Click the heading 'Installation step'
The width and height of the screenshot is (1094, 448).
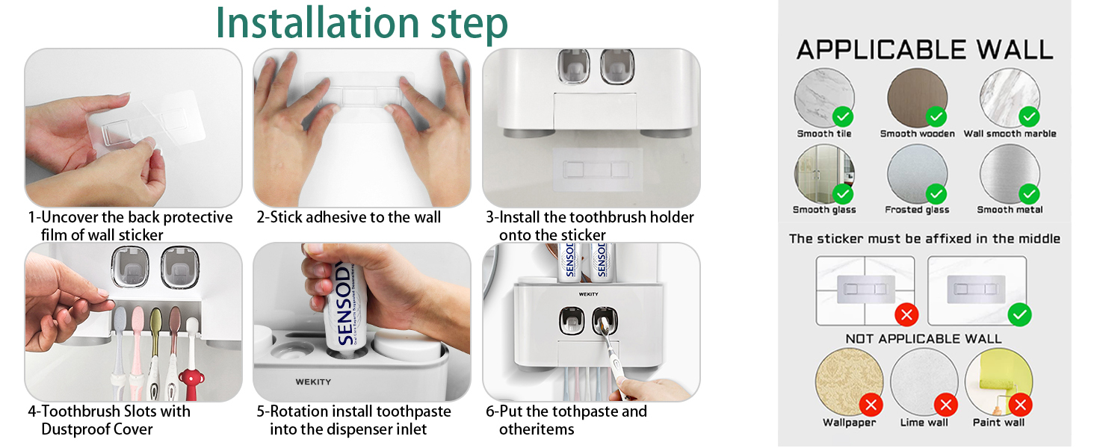point(361,24)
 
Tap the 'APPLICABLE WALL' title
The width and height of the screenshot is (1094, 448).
point(924,50)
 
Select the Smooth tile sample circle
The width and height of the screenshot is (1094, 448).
point(823,98)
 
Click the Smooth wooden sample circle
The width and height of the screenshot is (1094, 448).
point(917,98)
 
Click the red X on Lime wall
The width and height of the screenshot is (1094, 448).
point(946,405)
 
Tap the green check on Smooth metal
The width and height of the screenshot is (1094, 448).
point(1029,193)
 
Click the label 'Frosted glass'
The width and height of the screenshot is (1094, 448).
point(917,210)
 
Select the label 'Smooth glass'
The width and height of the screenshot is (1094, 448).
point(824,210)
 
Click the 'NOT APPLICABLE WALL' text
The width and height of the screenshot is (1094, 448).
point(924,339)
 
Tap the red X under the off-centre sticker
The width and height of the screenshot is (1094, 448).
point(906,314)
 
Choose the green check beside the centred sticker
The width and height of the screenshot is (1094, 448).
point(1019,314)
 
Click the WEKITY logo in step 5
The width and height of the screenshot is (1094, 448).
point(313,382)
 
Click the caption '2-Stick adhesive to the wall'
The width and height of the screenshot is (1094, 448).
point(348,217)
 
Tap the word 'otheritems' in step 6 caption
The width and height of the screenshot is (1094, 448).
point(537,429)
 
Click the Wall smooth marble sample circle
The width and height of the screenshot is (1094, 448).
point(1010,98)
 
